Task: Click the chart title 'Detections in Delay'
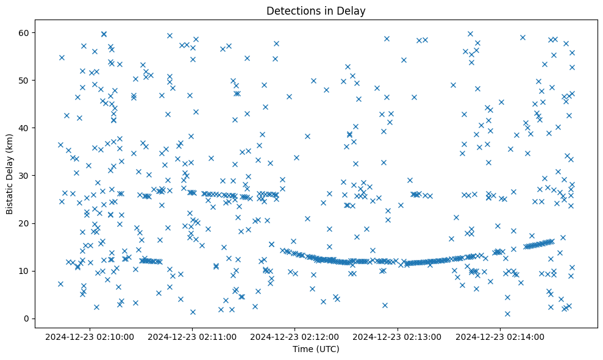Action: tap(316, 10)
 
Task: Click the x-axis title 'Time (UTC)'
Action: tap(316, 350)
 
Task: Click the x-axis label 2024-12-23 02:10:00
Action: tap(90, 337)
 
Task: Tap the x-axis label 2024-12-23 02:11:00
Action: tap(193, 337)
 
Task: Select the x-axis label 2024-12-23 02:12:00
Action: tap(295, 337)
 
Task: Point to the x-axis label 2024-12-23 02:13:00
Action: tap(398, 337)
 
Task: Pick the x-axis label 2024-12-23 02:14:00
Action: tap(501, 337)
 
